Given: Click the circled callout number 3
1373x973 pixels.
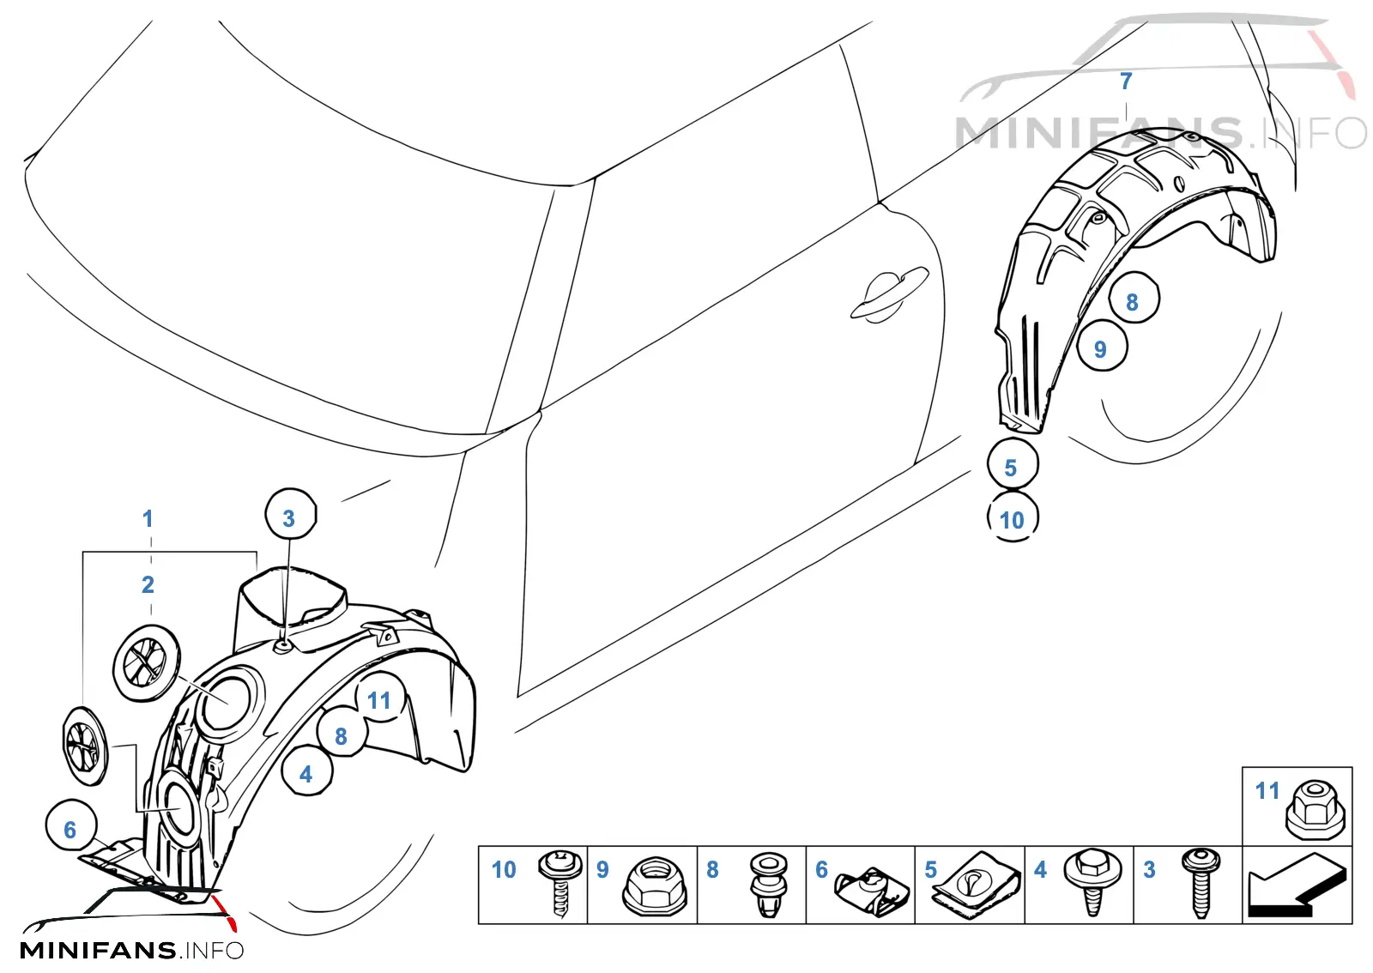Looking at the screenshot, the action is coord(291,515).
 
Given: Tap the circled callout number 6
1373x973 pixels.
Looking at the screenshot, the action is coord(71,825).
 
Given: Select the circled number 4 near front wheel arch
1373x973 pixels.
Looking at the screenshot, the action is coord(306,771).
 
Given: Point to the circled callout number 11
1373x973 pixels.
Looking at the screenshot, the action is coord(380,697).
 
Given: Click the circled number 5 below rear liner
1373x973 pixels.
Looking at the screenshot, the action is coord(1013,463).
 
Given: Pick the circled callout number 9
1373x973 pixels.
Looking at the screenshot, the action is coord(1102,346).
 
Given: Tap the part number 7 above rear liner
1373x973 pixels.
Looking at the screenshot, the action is coord(1125,82).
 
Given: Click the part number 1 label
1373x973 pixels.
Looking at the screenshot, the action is coord(148,519).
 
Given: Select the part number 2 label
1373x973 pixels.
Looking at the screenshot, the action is coord(148,584).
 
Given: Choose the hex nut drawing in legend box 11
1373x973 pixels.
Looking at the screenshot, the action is coord(1316,810).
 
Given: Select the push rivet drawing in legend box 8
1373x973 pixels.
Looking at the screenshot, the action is coord(769,885).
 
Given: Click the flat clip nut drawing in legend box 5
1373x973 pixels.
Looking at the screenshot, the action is coord(976,885).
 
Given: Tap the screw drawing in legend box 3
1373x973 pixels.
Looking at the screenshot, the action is coord(1201,883).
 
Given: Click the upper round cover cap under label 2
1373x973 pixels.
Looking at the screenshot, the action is coord(147,663).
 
